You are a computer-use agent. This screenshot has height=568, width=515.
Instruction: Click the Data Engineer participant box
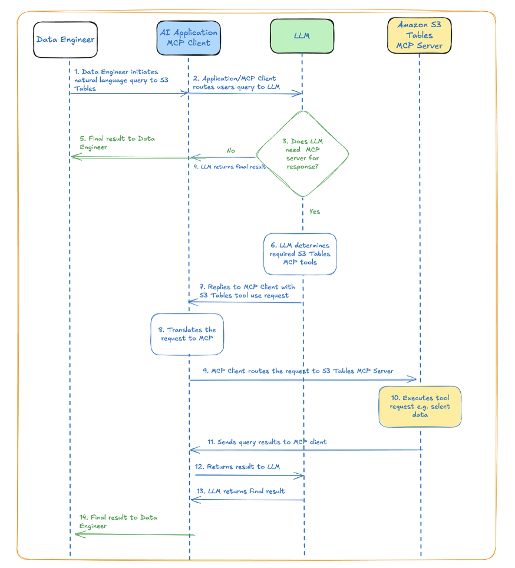pos(65,40)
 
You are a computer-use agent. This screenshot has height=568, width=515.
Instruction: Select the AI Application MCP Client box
pos(189,38)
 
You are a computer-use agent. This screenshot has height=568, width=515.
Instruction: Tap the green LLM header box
pos(302,36)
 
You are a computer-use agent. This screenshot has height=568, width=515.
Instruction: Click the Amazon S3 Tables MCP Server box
pos(419,35)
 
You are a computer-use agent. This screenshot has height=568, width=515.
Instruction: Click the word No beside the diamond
pos(230,151)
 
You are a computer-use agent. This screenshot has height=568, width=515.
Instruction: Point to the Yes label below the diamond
pos(315,212)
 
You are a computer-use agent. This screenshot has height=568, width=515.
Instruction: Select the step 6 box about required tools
pos(300,254)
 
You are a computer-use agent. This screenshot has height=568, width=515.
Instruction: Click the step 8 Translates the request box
pos(187,334)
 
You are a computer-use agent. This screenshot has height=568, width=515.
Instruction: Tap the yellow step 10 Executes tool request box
pos(420,407)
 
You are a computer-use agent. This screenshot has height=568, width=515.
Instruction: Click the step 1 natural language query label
pos(115,80)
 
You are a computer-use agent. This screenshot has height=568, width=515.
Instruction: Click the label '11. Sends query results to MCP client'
pos(266,441)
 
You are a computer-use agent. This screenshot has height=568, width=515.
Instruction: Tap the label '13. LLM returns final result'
pos(240,491)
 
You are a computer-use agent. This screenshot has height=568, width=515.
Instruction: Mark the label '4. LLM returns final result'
pos(230,167)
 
